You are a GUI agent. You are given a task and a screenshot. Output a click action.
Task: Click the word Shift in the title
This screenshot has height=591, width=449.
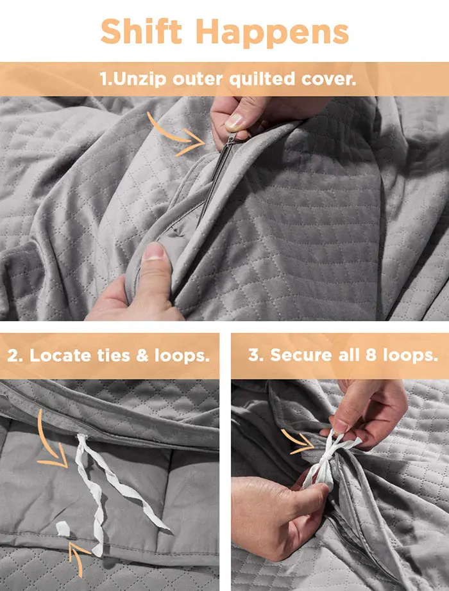(x=142, y=31)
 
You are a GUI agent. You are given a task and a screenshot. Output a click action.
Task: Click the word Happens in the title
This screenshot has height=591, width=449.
(x=272, y=33)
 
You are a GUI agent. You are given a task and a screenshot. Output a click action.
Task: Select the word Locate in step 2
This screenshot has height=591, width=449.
(x=61, y=355)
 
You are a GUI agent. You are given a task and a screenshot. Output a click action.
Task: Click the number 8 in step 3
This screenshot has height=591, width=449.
(x=371, y=355)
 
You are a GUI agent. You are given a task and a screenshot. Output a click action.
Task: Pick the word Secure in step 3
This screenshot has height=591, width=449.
(x=301, y=355)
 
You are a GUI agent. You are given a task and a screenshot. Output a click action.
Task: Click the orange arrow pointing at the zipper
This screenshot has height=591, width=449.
(x=175, y=135)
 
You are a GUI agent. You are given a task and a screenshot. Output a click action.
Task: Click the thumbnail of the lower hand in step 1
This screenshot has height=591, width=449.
(x=153, y=252)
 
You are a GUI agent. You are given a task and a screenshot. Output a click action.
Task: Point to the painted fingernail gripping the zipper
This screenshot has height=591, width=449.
(x=234, y=122)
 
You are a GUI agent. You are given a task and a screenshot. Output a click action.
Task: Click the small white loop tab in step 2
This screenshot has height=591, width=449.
(x=63, y=528)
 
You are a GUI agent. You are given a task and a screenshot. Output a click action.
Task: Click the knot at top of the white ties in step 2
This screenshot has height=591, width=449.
(x=82, y=439)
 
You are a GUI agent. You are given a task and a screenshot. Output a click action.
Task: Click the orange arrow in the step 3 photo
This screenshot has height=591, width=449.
(x=298, y=442)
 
